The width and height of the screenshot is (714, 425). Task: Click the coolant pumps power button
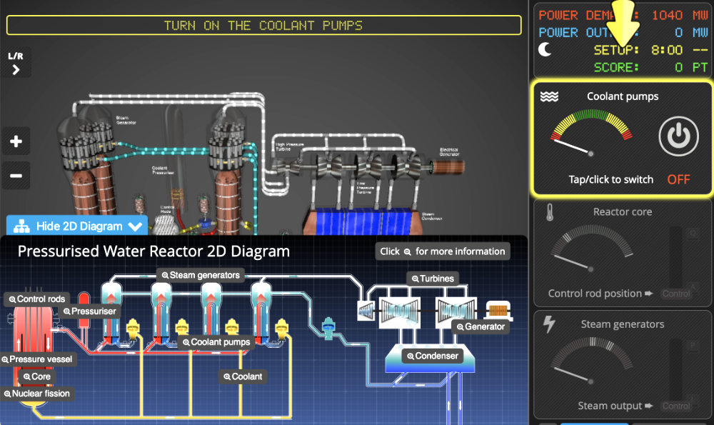pyautogui.click(x=678, y=137)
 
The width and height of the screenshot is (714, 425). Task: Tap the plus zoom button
pyautogui.click(x=16, y=141)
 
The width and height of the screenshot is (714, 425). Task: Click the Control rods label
pyautogui.click(x=36, y=299)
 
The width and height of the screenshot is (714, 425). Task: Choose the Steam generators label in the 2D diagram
pyautogui.click(x=201, y=274)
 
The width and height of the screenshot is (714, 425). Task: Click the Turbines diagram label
pyautogui.click(x=432, y=279)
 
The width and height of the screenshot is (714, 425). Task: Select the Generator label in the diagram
pyautogui.click(x=480, y=326)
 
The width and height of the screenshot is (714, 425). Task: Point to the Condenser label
pyautogui.click(x=431, y=355)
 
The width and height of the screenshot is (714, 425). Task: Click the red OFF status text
pyautogui.click(x=678, y=179)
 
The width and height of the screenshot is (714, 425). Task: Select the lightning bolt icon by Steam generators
pyautogui.click(x=548, y=324)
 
